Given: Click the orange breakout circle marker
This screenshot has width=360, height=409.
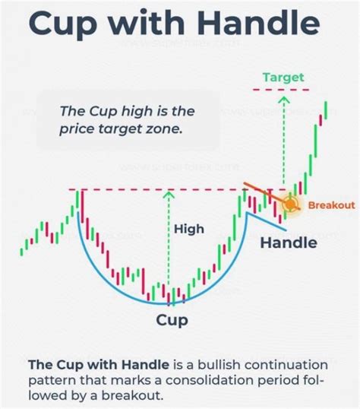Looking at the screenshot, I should (291, 204).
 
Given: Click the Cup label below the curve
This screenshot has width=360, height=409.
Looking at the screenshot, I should (172, 319).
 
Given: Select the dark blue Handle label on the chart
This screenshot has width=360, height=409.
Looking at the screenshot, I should (288, 243).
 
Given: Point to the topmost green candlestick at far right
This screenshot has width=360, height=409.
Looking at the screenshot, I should (327, 111).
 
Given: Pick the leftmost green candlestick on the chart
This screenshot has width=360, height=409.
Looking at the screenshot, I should (24, 247).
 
